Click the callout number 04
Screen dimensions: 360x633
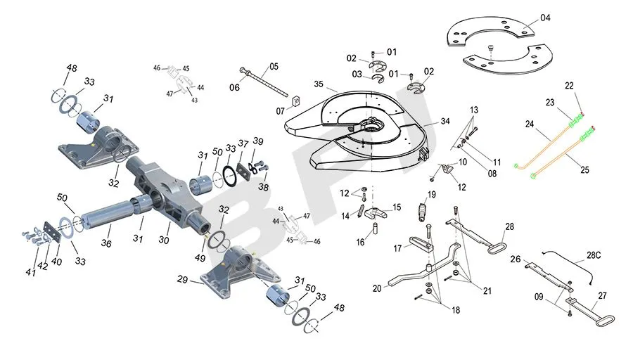(x=546, y=18)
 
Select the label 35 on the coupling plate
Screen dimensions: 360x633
(x=319, y=85)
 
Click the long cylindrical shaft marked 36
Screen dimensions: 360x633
(x=113, y=210)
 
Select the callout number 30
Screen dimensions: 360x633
(x=164, y=240)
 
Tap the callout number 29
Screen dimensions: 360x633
(x=183, y=280)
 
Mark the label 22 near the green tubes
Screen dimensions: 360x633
(x=569, y=86)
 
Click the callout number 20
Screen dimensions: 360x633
(x=377, y=288)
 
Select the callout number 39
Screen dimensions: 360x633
(x=258, y=143)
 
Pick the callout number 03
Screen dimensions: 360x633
(x=357, y=74)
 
